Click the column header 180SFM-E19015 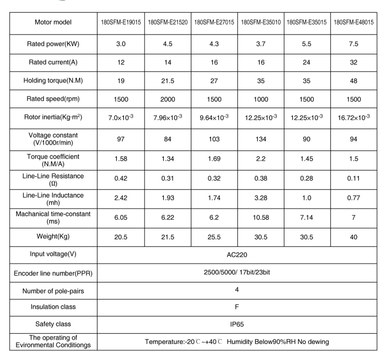click(x=120, y=22)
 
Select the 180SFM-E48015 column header click(x=354, y=22)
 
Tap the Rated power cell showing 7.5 click(x=354, y=44)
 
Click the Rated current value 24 click(x=307, y=63)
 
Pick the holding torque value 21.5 click(x=168, y=81)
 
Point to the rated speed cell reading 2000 click(x=168, y=99)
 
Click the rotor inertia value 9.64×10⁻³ click(x=214, y=118)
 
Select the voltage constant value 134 click(x=261, y=139)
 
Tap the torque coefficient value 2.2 click(x=261, y=159)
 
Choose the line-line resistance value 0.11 click(x=354, y=179)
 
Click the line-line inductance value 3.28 click(x=261, y=198)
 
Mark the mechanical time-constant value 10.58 click(x=261, y=218)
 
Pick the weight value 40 click(x=354, y=237)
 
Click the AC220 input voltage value click(x=237, y=255)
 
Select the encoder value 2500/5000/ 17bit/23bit click(x=237, y=272)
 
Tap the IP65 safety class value click(x=237, y=324)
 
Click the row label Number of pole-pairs click(x=53, y=291)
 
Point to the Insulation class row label click(x=53, y=307)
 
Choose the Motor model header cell click(x=53, y=22)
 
